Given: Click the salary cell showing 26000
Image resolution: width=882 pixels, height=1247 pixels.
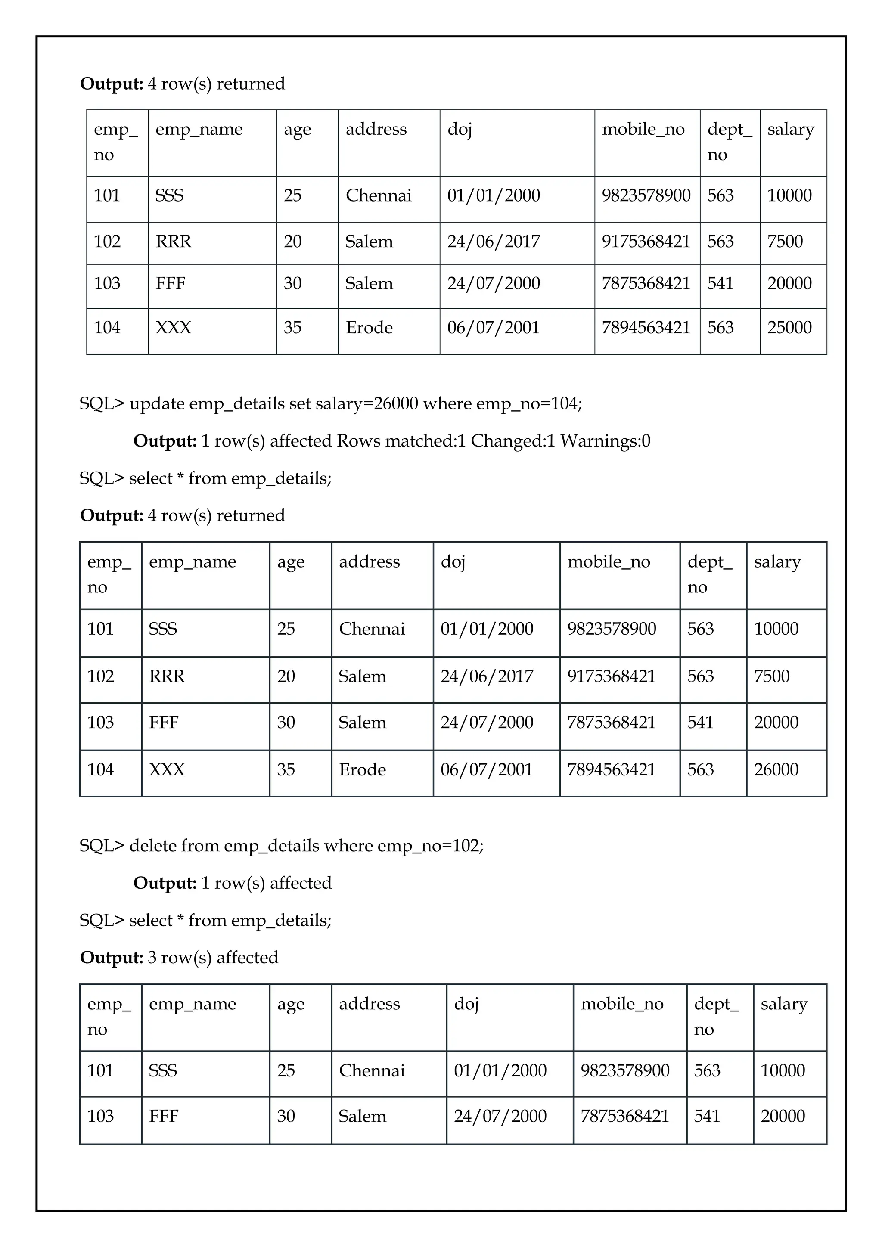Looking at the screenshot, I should [776, 769].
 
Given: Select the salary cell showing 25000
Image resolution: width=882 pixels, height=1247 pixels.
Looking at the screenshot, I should [789, 328].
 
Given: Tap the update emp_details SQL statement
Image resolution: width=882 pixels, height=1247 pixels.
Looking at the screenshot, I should [330, 403].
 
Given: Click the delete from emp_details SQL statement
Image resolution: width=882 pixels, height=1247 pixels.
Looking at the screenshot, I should [281, 846].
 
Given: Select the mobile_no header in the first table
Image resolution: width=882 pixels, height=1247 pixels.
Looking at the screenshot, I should [643, 129].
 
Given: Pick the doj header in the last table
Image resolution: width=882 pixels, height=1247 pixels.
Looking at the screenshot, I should [466, 1004].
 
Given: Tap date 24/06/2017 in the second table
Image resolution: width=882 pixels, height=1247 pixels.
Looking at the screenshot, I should [487, 676].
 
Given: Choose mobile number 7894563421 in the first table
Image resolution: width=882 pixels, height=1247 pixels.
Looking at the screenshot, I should [646, 328].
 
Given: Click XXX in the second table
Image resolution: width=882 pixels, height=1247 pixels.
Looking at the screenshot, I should [167, 769].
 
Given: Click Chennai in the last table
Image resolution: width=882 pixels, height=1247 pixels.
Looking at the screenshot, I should [372, 1070].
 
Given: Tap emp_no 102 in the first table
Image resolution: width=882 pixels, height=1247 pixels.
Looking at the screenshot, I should [107, 241].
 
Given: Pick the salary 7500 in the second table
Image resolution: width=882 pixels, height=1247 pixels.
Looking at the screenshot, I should [771, 676].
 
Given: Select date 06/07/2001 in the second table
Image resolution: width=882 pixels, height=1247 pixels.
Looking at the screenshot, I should [487, 769].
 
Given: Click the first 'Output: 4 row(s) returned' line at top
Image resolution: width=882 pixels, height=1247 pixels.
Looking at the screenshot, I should [183, 84].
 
